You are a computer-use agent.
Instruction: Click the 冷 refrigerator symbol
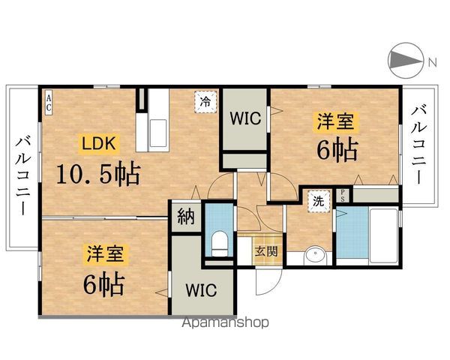click(x=204, y=101)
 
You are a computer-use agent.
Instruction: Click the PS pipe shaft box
click(x=343, y=195)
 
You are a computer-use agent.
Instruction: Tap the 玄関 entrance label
click(x=265, y=251)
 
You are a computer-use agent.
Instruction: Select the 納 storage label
click(x=184, y=218)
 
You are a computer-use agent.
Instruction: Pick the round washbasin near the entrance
click(x=316, y=255)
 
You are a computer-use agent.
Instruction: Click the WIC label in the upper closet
click(x=244, y=118)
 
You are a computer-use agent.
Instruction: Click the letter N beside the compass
click(x=432, y=62)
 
